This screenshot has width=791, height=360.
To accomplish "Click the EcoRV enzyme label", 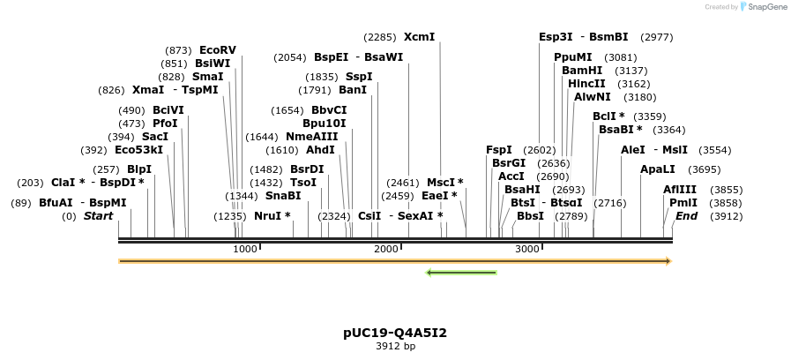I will pyautogui.click(x=218, y=50).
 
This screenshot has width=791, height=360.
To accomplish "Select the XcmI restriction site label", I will pyautogui.click(x=419, y=37).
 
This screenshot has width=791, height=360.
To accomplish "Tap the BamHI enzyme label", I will pyautogui.click(x=582, y=71).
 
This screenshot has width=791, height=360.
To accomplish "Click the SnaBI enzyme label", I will pyautogui.click(x=283, y=196).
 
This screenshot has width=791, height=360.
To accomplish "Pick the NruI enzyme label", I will pyautogui.click(x=272, y=216).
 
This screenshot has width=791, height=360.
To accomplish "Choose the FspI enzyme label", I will pyautogui.click(x=499, y=150).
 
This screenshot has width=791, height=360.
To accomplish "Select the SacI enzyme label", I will pyautogui.click(x=155, y=137).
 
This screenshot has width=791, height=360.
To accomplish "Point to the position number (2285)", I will pyautogui.click(x=380, y=37).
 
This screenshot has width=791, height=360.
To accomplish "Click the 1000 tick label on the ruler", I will pyautogui.click(x=245, y=250).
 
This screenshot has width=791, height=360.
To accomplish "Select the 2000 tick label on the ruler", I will pyautogui.click(x=386, y=250).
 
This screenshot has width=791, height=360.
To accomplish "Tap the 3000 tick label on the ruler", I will pyautogui.click(x=527, y=250).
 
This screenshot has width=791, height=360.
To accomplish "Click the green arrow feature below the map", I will pyautogui.click(x=461, y=273).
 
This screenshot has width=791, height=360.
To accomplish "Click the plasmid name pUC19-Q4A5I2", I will pyautogui.click(x=395, y=333).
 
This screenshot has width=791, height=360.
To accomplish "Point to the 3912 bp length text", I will pyautogui.click(x=395, y=347).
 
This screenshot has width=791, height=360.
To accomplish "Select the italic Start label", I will pyautogui.click(x=98, y=216).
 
